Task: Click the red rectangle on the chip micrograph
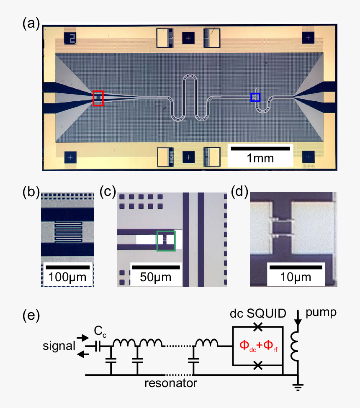coord(98,98)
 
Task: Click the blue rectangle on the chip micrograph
coord(255,97)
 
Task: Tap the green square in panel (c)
coord(166,241)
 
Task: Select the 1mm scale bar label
coord(260,158)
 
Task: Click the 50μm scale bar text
coord(156,277)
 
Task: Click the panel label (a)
coord(31,24)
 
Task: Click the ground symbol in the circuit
coord(298,386)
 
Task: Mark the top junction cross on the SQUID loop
coord(258,326)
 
